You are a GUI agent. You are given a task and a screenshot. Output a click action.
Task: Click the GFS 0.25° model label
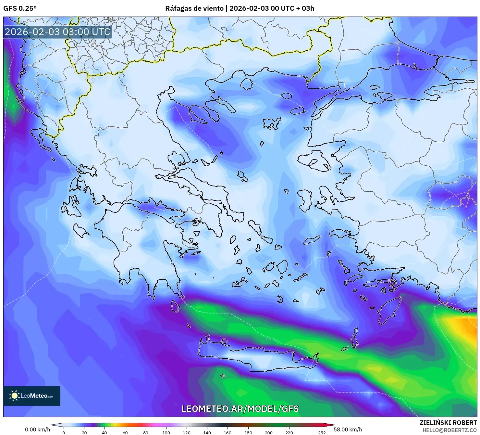click(20, 8)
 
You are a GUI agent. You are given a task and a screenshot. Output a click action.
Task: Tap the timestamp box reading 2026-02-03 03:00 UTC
click(57, 32)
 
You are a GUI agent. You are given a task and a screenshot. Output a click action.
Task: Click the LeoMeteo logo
click(32, 396)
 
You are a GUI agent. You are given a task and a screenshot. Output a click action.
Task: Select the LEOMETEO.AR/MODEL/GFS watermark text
click(240, 409)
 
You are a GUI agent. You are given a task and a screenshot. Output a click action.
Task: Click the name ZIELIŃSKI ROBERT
click(448, 423)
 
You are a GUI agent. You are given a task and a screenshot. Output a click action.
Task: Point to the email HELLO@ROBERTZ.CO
click(449, 430)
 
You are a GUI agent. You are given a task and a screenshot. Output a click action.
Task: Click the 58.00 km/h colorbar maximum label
click(348, 429)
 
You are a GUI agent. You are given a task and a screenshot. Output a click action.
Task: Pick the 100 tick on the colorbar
click(166, 432)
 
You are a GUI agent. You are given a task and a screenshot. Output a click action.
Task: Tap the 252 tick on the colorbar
click(322, 432)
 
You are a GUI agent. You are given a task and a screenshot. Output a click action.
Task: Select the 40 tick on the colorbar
click(105, 432)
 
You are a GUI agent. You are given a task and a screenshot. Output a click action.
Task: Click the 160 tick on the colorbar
click(228, 432)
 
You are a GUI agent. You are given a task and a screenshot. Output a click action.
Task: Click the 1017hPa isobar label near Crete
click(272, 340)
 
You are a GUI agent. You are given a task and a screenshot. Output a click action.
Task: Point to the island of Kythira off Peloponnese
click(176, 306)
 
